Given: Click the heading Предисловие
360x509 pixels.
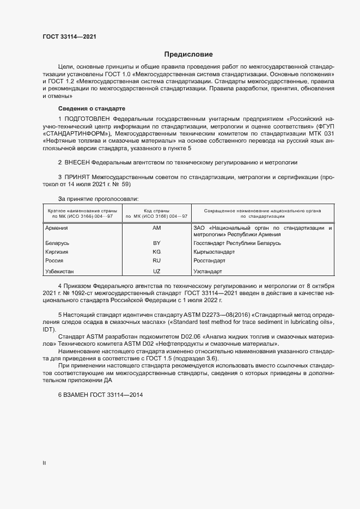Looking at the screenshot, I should point(188,54).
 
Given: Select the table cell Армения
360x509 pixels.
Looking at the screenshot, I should point(57,228).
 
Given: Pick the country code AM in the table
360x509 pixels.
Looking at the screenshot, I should point(157,228).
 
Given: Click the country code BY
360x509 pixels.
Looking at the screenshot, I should point(157,243).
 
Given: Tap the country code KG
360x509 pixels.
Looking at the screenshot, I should point(157,253).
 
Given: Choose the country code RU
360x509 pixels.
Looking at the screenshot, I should point(157,261).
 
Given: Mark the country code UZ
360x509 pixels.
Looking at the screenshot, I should point(157,271).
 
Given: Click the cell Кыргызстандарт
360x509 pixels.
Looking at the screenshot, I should point(214,253).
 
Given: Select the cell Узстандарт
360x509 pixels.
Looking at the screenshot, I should point(208,271).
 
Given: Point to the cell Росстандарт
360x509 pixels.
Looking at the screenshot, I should point(209,261).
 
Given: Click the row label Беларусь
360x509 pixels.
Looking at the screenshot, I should point(57,243).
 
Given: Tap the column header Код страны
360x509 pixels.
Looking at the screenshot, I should point(156,210).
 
